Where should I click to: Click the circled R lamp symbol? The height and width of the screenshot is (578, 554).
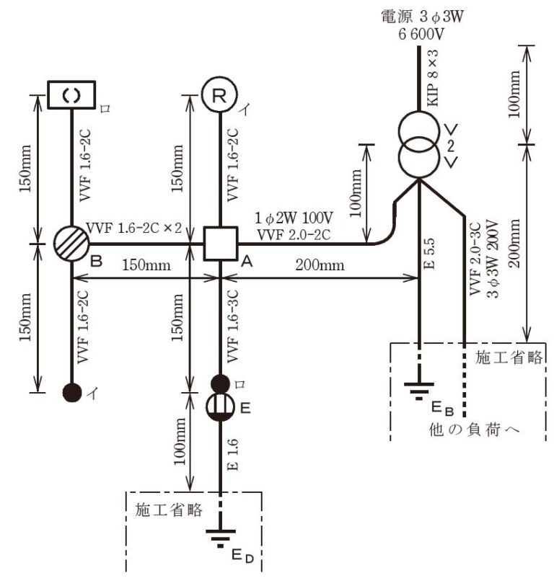[220, 94]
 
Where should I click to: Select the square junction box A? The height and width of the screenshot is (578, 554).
[221, 244]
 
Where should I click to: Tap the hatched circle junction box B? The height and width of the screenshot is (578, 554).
[72, 244]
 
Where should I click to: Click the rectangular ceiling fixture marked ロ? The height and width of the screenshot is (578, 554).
[71, 94]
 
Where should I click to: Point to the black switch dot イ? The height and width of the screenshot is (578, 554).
[72, 393]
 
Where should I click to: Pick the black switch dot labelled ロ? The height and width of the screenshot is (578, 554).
[220, 383]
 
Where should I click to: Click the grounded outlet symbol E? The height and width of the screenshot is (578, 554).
[220, 407]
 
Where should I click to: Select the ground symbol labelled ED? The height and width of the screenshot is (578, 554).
[221, 538]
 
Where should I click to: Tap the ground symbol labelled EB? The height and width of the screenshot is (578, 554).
[419, 391]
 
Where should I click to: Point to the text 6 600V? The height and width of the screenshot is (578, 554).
[421, 34]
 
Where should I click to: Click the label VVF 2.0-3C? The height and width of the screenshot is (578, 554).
[475, 259]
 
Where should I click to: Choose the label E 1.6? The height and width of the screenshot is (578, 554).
[232, 455]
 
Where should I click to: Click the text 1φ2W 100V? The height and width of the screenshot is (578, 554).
[294, 218]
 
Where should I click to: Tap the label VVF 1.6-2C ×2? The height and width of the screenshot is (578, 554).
[133, 228]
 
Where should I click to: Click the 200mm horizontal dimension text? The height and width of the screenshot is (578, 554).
[320, 265]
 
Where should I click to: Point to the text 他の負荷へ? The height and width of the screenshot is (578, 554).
[474, 430]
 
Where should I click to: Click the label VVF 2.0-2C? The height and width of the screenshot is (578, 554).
[294, 235]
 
